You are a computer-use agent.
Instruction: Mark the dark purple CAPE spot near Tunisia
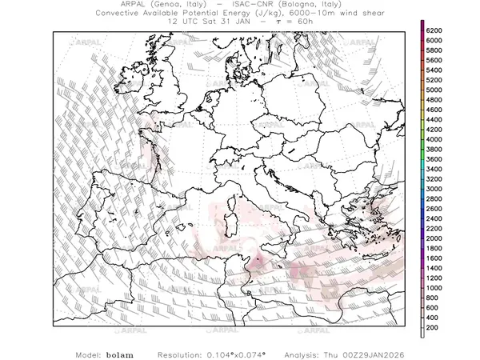258,261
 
